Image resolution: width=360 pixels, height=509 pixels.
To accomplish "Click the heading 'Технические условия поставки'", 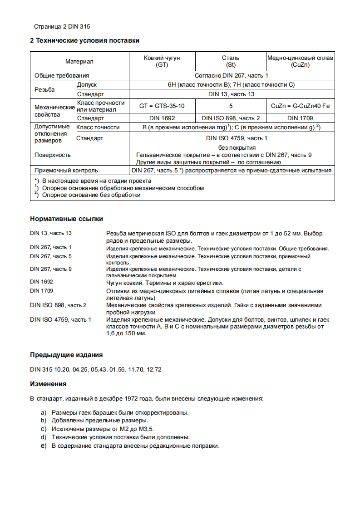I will pos(84,40).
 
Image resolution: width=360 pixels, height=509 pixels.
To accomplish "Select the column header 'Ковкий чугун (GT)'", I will pos(162,61).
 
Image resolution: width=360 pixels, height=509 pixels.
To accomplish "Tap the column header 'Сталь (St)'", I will pos(230,61).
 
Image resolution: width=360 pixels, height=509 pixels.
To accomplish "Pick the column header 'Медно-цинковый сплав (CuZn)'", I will pos(300,61).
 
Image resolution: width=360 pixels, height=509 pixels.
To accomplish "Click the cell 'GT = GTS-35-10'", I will pos(162,106).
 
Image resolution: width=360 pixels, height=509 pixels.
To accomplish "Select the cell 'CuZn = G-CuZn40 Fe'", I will pos(300,106).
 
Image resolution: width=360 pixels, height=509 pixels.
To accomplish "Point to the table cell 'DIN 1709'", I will pos(300,118).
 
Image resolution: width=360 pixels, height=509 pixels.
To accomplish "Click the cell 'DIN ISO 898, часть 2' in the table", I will pos(230,118).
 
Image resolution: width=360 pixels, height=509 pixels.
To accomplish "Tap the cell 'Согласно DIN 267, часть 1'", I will pos(232,75).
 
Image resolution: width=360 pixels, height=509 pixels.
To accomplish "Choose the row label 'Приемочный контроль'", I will pos(66,171).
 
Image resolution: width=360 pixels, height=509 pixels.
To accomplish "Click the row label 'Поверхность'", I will pos(53,155).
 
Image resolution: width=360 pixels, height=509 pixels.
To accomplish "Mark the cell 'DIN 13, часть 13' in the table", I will pos(232,94).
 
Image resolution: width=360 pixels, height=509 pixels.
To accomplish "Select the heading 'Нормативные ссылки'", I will pos(66,219).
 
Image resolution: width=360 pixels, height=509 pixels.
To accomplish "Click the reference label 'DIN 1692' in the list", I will pos(41,282).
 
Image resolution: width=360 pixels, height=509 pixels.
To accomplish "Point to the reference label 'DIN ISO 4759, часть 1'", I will pos(60,319).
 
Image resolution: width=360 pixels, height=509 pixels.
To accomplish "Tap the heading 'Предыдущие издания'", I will pos(66,354).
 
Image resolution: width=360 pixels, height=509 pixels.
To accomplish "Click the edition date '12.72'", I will pos(154,369).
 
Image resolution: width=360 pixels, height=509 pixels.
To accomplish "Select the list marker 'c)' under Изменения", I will pos(44,428).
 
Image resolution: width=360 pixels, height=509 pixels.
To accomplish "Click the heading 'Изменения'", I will pos(48,384).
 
